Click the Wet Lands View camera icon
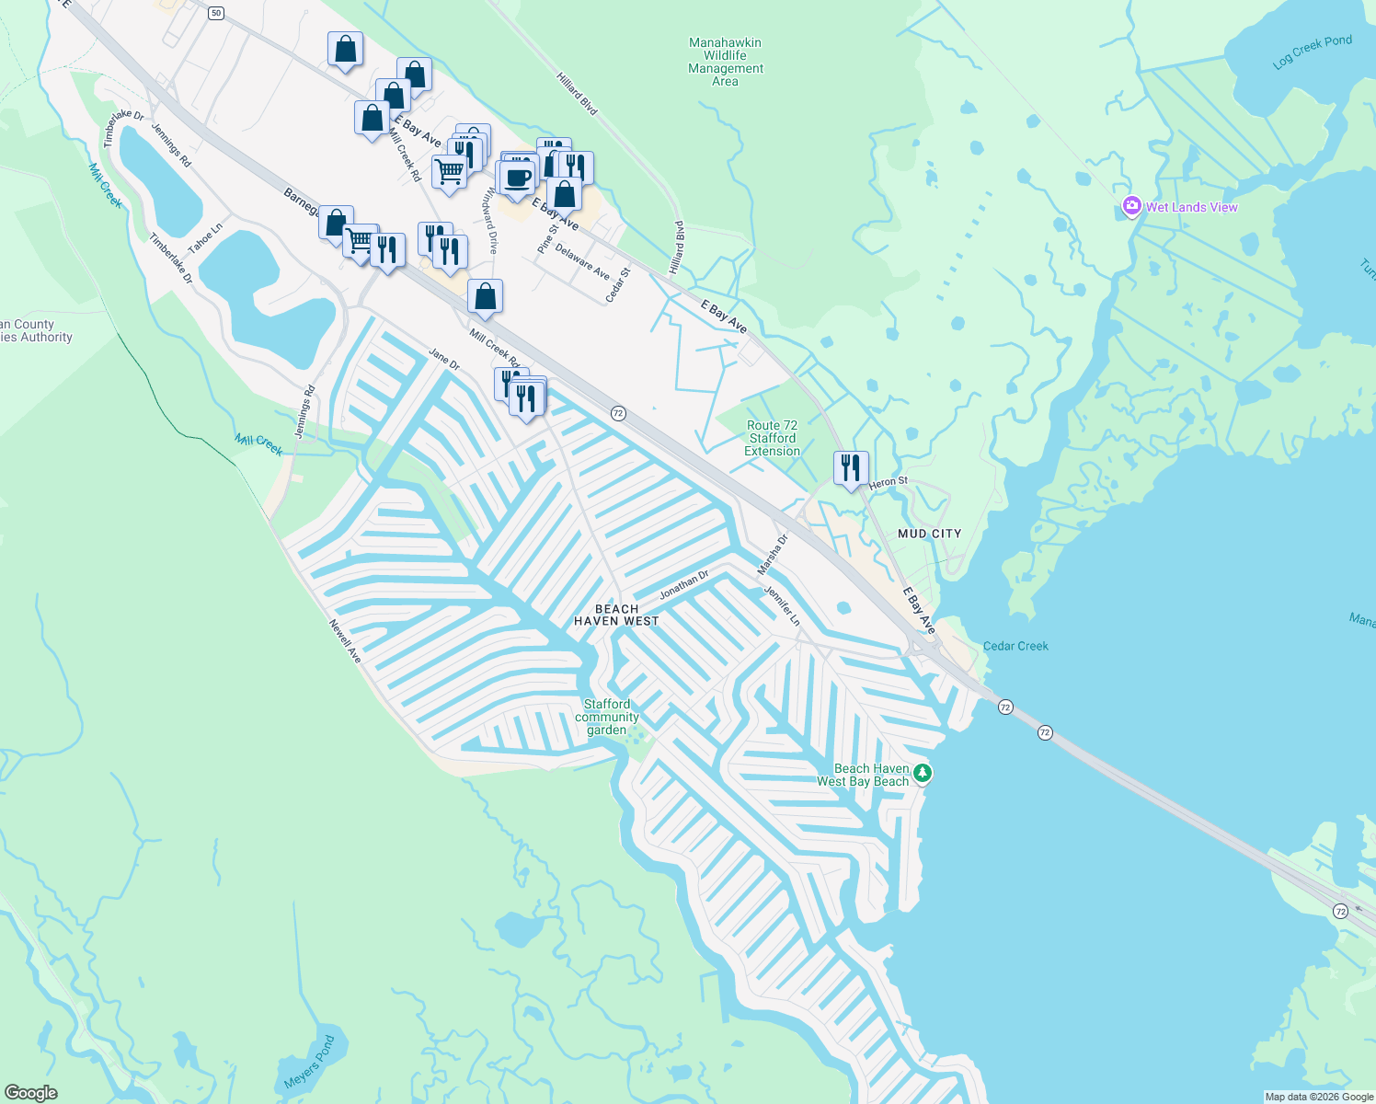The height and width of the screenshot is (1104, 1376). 1132,207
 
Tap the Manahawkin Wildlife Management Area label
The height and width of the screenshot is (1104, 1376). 725,62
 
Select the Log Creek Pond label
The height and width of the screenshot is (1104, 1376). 1313,52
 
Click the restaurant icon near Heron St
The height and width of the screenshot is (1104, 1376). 851,467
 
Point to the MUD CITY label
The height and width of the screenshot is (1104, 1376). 929,534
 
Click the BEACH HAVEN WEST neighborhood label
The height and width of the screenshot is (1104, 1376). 616,615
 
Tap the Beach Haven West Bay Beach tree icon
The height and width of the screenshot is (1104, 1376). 923,774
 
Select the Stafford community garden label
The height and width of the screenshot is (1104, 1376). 607,717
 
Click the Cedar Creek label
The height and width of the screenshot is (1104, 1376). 1015,646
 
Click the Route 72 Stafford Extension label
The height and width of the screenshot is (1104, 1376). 772,438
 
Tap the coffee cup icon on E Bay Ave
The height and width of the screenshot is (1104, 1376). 518,177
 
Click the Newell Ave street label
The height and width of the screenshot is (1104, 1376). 346,641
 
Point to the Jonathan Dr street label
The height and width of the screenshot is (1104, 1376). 683,585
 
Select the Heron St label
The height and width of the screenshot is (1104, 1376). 889,482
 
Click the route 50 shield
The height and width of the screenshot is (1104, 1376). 215,12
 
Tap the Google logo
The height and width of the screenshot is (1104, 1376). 30,1092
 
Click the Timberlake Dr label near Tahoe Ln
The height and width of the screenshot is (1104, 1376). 171,259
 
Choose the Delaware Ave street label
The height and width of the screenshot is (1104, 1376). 582,262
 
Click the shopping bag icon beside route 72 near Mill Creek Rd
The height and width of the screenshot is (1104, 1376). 485,297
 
